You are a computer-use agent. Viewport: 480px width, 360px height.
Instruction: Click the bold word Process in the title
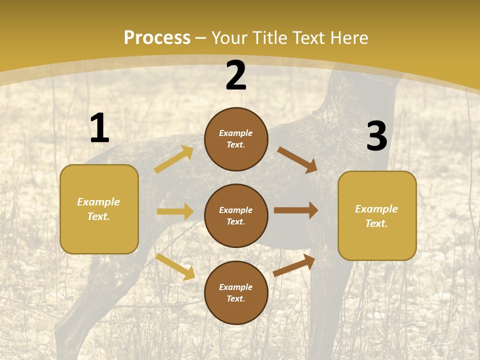[157, 38]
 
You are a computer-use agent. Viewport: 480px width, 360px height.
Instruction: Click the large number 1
[99, 128]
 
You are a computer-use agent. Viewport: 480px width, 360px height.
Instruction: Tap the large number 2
[236, 76]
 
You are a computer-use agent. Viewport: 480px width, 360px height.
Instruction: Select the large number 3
[376, 136]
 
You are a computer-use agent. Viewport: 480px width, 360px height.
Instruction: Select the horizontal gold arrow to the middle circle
[175, 211]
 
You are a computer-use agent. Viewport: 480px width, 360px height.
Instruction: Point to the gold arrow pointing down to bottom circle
[175, 266]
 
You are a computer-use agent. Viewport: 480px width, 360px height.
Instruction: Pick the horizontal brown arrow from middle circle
[296, 210]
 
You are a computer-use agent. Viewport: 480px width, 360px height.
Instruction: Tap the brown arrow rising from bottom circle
[294, 265]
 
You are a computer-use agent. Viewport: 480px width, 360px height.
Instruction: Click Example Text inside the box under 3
[376, 216]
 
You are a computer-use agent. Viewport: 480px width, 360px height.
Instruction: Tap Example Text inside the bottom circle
[236, 293]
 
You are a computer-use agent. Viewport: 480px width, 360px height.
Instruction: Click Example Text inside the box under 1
[98, 209]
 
